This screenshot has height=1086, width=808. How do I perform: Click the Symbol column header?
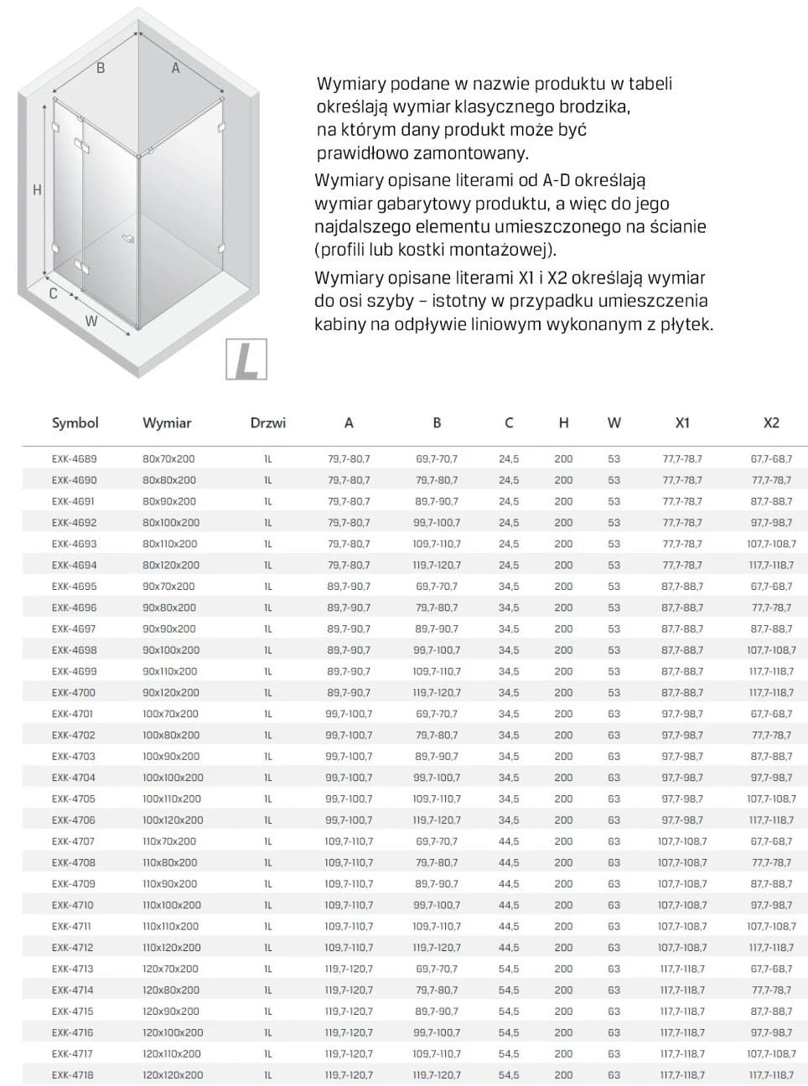(x=75, y=423)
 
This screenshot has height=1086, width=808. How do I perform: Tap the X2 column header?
(x=771, y=423)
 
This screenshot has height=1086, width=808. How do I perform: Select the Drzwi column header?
(x=267, y=423)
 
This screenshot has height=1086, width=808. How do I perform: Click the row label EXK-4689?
(x=74, y=459)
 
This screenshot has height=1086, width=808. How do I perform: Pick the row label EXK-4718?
(x=74, y=1075)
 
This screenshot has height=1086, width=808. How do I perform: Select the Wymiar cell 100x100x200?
(x=173, y=778)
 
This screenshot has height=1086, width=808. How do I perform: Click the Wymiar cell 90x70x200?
(x=168, y=587)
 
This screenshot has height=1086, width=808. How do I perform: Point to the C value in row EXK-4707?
(x=509, y=841)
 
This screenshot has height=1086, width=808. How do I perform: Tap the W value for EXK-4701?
(x=614, y=714)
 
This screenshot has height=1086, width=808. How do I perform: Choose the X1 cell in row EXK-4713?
(x=682, y=970)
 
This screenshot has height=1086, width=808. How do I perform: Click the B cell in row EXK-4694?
(x=437, y=566)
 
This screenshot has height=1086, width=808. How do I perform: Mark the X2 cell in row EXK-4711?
(x=771, y=927)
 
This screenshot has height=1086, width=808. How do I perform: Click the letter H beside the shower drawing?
(x=37, y=191)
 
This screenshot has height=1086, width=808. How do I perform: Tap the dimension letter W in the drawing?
(x=91, y=321)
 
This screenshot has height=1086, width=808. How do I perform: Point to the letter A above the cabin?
(x=175, y=69)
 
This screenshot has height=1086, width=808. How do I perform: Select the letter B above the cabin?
(x=101, y=69)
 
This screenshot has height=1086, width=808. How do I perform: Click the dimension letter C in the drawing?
(x=53, y=294)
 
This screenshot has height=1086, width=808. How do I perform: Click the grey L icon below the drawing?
(x=246, y=359)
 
